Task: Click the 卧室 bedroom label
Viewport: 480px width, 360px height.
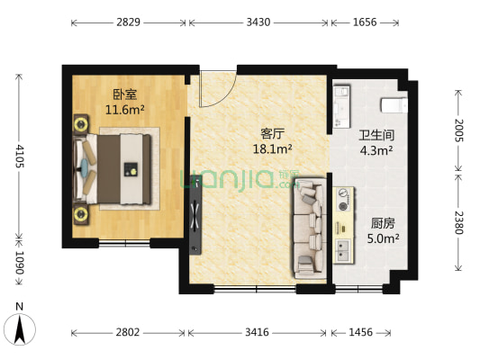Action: tap(125, 94)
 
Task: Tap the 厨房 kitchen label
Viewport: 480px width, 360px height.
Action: tap(383, 222)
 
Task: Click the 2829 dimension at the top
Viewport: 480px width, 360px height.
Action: tap(129, 22)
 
